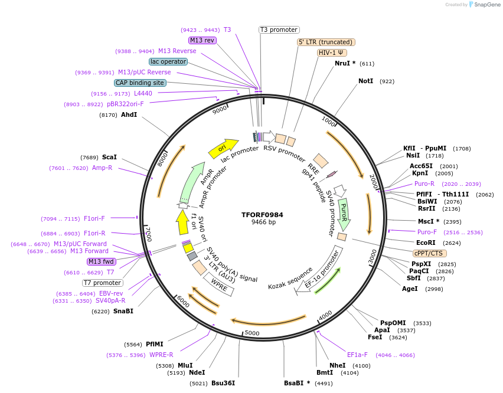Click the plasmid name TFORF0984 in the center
click(x=262, y=215)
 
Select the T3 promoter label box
click(x=279, y=30)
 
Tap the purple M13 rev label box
click(x=202, y=40)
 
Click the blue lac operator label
click(x=168, y=61)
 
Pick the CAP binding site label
click(x=140, y=83)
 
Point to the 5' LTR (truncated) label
click(x=326, y=42)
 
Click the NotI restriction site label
click(x=365, y=81)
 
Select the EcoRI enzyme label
click(x=426, y=243)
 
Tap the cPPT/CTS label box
click(x=428, y=253)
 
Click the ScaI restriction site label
click(x=109, y=158)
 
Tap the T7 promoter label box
click(x=103, y=283)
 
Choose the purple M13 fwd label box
click(x=102, y=261)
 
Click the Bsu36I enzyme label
click(x=223, y=383)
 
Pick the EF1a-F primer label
click(x=357, y=355)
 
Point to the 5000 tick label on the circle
click(x=252, y=333)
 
